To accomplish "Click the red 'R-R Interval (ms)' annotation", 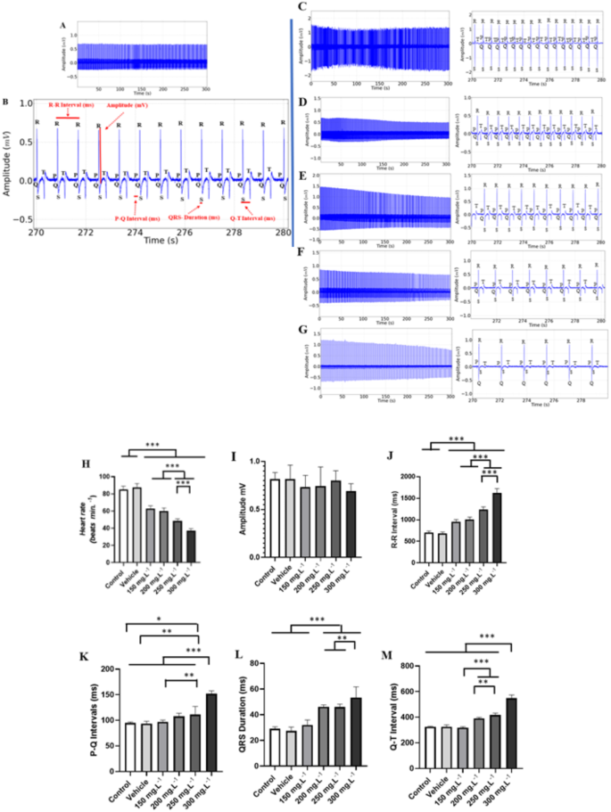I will click(x=69, y=106).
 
